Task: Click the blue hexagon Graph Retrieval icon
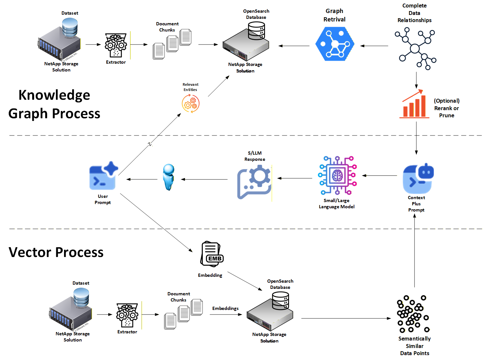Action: (334, 44)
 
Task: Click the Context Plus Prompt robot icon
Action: (418, 179)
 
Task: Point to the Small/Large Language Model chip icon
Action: (337, 176)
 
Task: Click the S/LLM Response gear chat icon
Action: (254, 182)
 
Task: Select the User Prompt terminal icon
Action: (103, 176)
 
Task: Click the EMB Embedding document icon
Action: (212, 254)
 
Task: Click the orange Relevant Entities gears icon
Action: (190, 104)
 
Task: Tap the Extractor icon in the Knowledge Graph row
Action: (116, 45)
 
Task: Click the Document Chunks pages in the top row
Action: (172, 44)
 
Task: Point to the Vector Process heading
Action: (56, 252)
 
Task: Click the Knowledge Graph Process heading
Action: (54, 104)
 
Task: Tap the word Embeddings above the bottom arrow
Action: (225, 308)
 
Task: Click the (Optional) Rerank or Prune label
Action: (447, 108)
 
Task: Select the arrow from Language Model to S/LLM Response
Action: (294, 178)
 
